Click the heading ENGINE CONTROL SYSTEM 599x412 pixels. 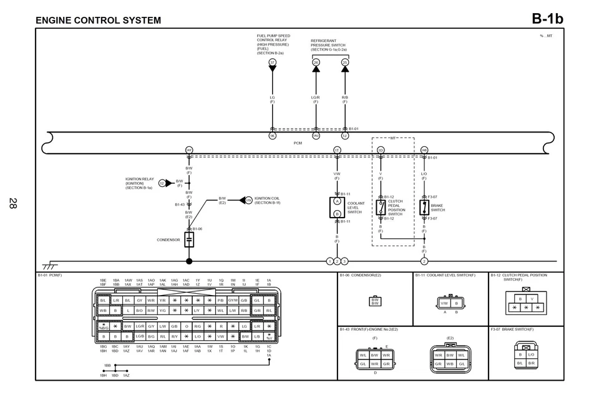(98, 20)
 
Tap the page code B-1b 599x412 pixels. (547, 19)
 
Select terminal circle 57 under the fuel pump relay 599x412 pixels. (272, 63)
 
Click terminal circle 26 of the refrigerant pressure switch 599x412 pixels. (316, 63)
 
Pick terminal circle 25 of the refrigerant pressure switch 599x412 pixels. (345, 63)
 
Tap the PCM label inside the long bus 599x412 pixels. (298, 143)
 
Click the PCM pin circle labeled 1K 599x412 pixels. (272, 136)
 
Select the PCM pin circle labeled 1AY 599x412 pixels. (189, 150)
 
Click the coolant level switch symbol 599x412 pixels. (337, 208)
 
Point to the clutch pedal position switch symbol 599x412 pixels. (381, 208)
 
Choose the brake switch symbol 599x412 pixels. (424, 208)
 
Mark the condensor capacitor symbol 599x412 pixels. (189, 239)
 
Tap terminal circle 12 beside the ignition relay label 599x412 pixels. (162, 183)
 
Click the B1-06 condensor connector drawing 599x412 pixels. (375, 301)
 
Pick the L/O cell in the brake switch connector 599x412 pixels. (531, 354)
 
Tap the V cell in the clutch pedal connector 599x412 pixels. (532, 299)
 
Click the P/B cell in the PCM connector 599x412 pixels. (220, 300)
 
